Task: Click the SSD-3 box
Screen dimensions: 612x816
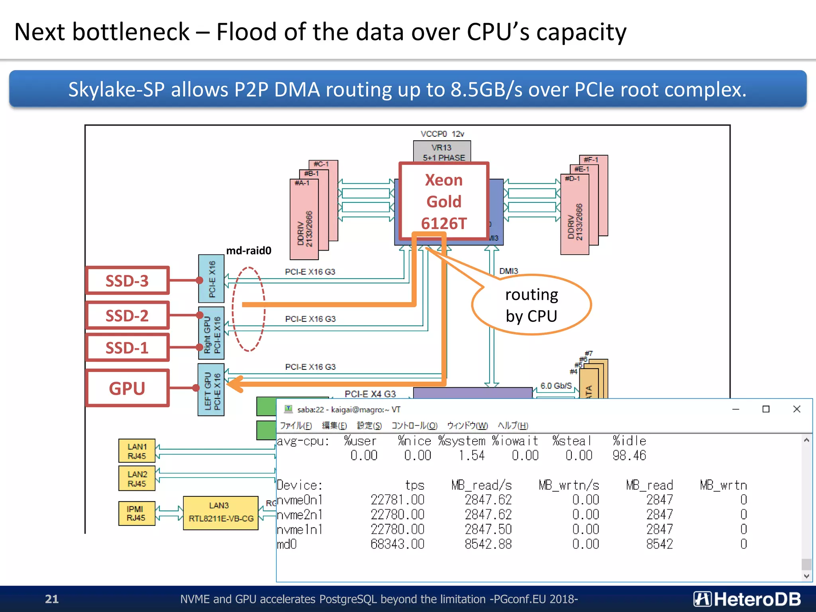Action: click(127, 280)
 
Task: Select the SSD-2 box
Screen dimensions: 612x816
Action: click(127, 316)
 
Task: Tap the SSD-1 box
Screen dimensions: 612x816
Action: click(127, 348)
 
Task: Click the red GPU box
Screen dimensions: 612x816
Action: click(127, 388)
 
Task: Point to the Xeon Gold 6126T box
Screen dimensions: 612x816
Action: click(444, 201)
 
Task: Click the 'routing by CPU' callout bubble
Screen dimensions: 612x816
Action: click(532, 305)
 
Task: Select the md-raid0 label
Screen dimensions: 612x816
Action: click(249, 251)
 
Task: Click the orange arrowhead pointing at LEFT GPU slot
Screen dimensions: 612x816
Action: click(235, 384)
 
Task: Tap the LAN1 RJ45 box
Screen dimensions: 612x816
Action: click(137, 451)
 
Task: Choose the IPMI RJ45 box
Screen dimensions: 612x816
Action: click(136, 513)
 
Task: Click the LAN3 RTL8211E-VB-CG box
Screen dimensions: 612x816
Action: click(220, 512)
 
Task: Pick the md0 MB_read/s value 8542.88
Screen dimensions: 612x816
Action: click(488, 544)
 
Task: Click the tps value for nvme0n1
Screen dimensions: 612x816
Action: click(397, 500)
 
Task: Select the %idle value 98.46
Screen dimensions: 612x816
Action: click(629, 455)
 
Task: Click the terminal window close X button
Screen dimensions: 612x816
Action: click(796, 409)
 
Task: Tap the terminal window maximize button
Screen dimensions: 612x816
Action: click(766, 409)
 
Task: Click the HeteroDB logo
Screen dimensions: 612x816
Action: click(747, 599)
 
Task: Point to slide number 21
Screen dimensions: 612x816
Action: click(52, 599)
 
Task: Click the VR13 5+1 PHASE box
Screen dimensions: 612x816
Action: click(442, 152)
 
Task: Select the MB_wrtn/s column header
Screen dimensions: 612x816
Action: click(569, 485)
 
